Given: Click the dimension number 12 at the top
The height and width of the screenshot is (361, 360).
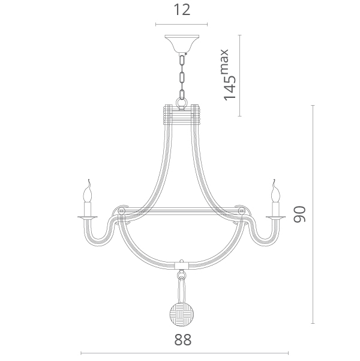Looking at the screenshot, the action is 182,10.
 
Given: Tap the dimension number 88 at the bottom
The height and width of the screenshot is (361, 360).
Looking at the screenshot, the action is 182,339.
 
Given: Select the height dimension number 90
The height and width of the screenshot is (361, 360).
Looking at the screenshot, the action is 299,214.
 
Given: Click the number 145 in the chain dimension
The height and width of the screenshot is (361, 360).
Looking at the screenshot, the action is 230,88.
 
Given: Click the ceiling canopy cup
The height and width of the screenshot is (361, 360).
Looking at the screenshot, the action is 182,43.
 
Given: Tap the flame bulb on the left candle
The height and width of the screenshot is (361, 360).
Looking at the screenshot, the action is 88,191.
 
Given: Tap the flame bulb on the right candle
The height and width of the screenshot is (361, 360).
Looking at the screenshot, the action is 275,191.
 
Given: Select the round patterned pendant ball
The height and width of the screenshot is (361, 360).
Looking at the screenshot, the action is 182,314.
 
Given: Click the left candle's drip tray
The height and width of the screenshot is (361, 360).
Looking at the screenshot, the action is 88,217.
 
